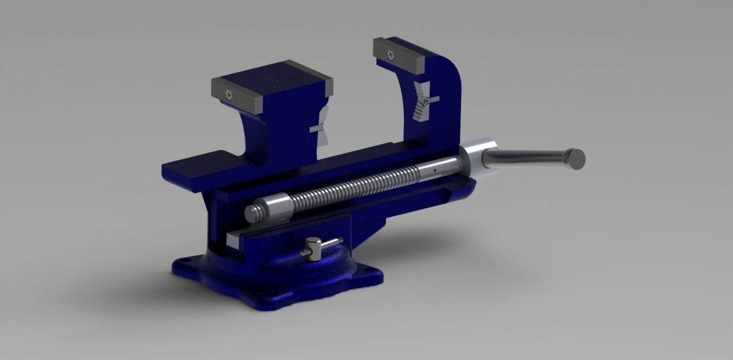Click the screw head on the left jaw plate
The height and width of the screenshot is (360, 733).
[x=229, y=95]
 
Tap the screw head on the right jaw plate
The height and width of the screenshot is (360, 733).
[x=390, y=55]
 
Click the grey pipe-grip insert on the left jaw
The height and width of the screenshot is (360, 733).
[x=320, y=128]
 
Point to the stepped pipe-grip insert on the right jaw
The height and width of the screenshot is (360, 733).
[x=422, y=101]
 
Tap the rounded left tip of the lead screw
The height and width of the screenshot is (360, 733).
[x=251, y=213]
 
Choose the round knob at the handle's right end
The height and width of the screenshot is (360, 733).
[x=576, y=158]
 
